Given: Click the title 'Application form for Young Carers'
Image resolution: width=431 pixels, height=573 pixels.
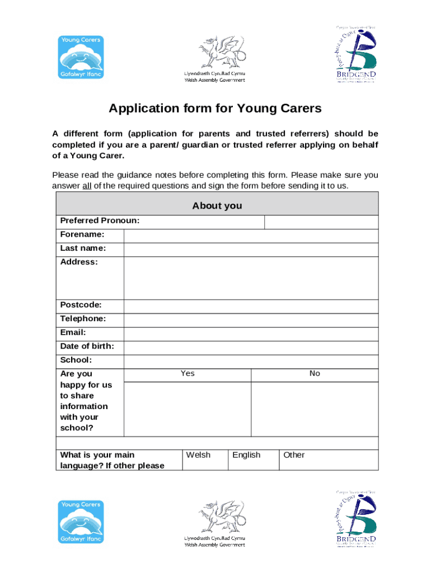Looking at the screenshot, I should (x=215, y=109).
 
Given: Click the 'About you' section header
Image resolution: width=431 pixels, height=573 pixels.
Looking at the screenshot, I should (x=217, y=205).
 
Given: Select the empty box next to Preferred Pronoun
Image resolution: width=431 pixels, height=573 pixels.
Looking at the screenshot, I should (x=321, y=222).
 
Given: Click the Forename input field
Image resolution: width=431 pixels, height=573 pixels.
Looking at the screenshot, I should (x=250, y=236).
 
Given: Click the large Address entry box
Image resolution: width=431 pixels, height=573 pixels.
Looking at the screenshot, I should (x=250, y=278).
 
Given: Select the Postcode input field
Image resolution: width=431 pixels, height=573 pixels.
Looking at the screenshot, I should (x=250, y=306).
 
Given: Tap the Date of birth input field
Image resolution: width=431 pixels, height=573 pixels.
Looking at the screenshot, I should (x=250, y=347).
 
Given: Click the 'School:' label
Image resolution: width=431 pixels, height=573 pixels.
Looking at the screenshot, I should (x=76, y=360).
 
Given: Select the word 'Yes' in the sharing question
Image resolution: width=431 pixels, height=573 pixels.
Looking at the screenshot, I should (x=188, y=374).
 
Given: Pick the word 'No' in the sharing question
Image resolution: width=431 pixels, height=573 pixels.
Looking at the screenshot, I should (x=315, y=374).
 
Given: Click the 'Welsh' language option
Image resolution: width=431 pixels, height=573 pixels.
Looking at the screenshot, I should (x=198, y=455).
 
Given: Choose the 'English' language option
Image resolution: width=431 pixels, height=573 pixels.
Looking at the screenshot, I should (x=246, y=455).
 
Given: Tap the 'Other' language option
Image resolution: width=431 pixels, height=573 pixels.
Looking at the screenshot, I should (x=294, y=455).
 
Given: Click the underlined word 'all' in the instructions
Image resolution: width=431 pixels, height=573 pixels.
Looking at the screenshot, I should (x=87, y=186).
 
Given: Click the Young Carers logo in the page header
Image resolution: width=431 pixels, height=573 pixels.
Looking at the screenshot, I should (x=81, y=57).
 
